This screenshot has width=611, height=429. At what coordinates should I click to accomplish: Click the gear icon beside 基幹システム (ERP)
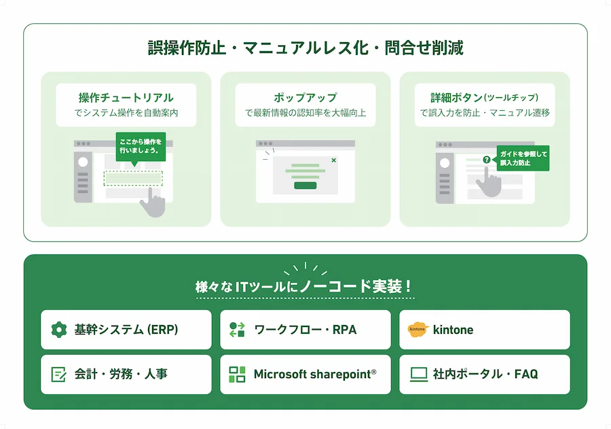point(59,330)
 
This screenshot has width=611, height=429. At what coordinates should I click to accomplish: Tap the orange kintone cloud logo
point(418,330)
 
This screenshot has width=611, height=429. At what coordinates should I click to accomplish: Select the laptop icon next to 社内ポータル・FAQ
point(419,375)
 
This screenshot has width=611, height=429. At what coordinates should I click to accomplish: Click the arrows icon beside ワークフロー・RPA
point(237,330)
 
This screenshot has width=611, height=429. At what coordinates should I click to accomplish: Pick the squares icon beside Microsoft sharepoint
point(237,375)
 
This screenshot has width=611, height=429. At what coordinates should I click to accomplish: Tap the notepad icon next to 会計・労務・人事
point(59,374)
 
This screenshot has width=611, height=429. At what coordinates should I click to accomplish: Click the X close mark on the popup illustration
point(333,160)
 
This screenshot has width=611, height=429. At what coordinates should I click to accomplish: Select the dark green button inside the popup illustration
point(305,186)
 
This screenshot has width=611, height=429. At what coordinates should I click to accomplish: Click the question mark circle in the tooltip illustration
point(486,160)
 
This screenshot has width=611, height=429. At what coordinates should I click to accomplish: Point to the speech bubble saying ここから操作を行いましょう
point(141,148)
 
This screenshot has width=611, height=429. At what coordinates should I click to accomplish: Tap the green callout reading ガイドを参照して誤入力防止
point(523,158)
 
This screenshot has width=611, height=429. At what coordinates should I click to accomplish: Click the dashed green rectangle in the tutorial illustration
point(133,178)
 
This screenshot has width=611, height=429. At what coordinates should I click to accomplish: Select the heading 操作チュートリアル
point(126,98)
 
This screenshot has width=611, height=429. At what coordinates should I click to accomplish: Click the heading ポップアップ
point(305,98)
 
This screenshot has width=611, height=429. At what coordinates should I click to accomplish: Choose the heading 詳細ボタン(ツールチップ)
point(484,98)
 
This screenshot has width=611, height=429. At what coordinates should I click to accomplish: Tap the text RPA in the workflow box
point(344,330)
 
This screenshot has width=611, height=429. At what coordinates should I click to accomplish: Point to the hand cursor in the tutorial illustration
point(153,202)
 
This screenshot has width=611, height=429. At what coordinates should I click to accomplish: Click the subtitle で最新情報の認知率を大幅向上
point(305,114)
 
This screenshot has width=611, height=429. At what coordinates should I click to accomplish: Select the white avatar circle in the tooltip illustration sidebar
point(445,162)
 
